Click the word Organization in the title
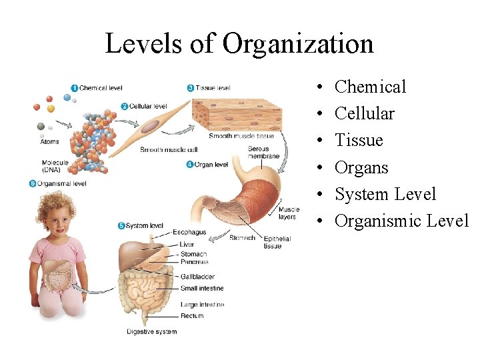click(298, 44)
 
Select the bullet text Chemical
click(370, 87)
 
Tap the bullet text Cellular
click(364, 113)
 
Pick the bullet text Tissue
click(359, 140)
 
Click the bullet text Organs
click(361, 167)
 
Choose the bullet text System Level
click(385, 194)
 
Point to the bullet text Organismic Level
click(401, 221)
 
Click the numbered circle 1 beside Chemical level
click(74, 88)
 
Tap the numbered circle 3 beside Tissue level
click(191, 87)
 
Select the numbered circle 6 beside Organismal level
click(33, 183)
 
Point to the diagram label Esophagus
click(189, 233)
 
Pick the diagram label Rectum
click(191, 316)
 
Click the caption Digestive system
click(152, 331)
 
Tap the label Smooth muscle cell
click(169, 150)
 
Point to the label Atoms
click(49, 141)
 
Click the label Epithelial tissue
click(273, 242)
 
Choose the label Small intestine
click(202, 288)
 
